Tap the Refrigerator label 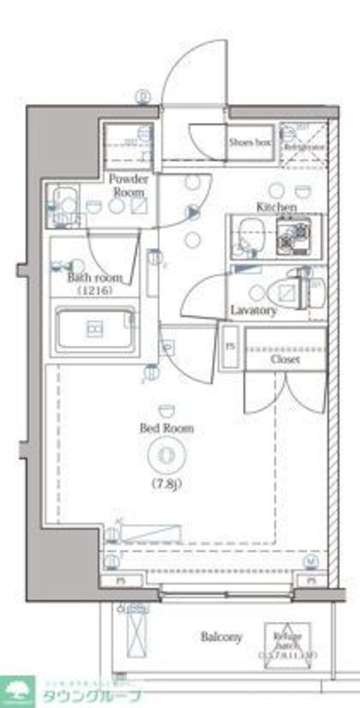304,146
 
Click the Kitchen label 277,207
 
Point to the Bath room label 95,278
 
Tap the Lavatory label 254,311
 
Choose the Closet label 285,359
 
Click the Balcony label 221,637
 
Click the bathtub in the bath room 95,329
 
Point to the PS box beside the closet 230,347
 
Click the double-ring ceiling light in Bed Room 167,454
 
